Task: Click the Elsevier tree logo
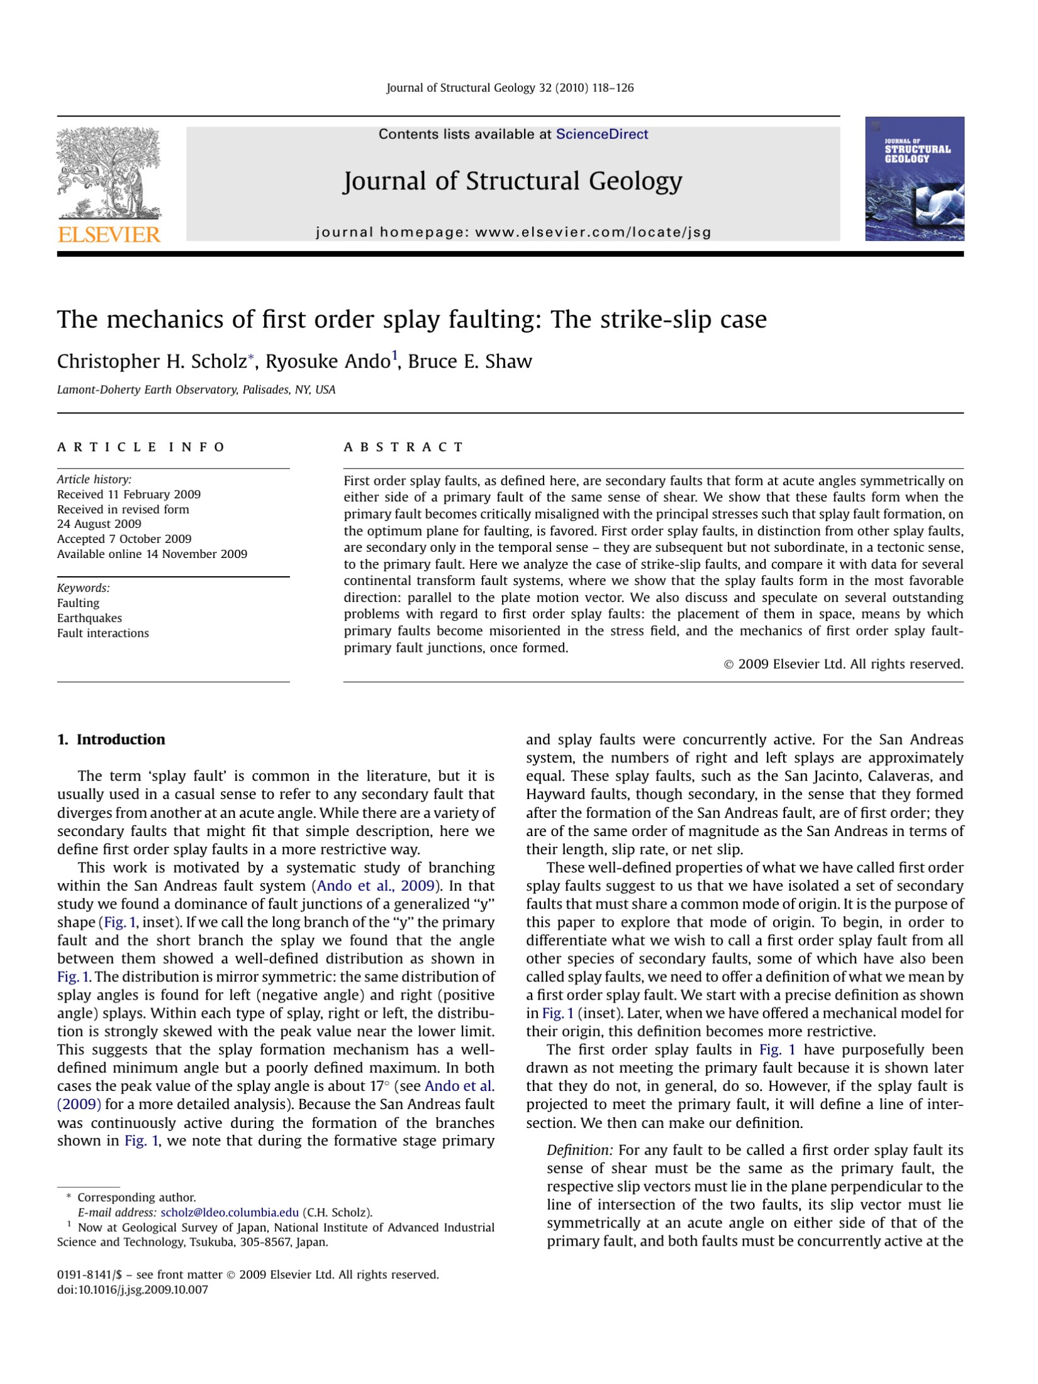(109, 172)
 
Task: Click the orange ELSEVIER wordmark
(109, 235)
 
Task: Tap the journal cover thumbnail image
(914, 179)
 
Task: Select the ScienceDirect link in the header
(601, 134)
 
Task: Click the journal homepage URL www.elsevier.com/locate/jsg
(593, 232)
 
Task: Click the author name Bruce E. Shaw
(470, 362)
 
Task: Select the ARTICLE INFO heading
(141, 447)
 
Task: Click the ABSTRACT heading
(403, 447)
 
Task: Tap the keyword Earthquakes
(89, 618)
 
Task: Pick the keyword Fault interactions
(103, 633)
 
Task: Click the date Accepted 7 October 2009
(124, 539)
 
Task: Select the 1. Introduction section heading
(111, 740)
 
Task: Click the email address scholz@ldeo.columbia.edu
(230, 1213)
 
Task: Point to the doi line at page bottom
(132, 1290)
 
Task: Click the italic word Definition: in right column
(579, 1151)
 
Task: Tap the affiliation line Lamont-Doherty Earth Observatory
(196, 390)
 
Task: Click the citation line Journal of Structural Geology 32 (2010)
(510, 88)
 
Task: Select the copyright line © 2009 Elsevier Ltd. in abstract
(844, 664)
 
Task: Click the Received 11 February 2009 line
(129, 494)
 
